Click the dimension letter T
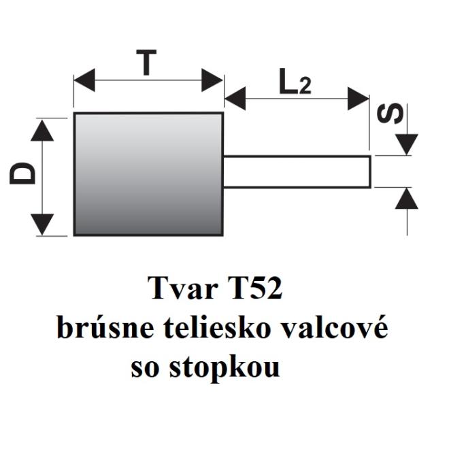(x=146, y=63)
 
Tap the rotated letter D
(x=22, y=173)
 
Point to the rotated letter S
(x=390, y=114)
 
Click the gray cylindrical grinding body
(x=148, y=174)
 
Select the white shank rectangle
(x=297, y=172)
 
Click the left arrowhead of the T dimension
(x=84, y=80)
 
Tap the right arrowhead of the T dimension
(x=212, y=80)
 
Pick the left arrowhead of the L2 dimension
(x=235, y=99)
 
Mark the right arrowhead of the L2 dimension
(x=359, y=99)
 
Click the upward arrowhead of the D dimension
(x=42, y=131)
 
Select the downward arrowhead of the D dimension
(x=42, y=224)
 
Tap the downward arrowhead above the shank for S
(x=407, y=145)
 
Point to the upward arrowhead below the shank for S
(x=407, y=198)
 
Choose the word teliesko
(x=217, y=327)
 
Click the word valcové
(x=334, y=327)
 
